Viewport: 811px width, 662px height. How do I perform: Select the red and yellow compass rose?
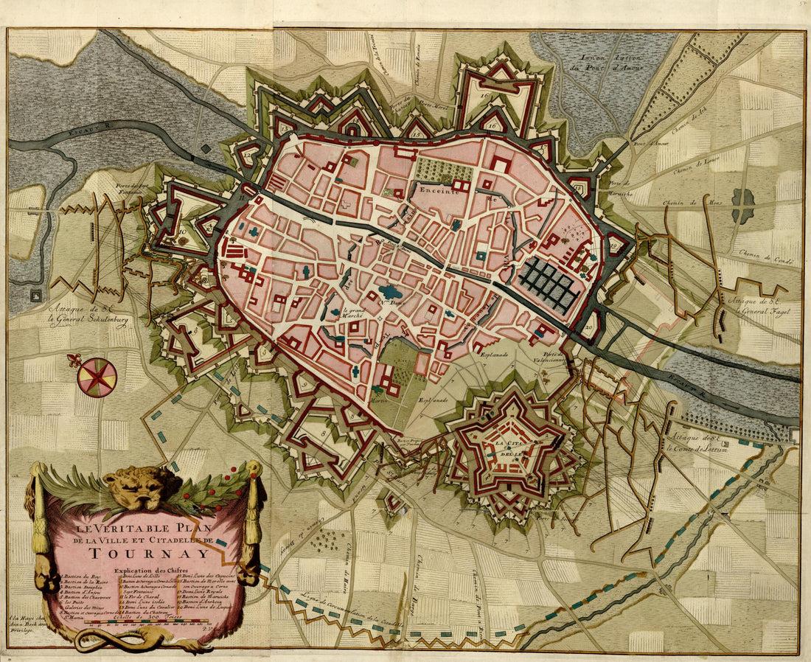tap(97, 377)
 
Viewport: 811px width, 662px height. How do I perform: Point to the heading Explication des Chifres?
tap(151, 571)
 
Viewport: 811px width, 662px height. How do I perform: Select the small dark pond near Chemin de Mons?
tap(742, 200)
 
